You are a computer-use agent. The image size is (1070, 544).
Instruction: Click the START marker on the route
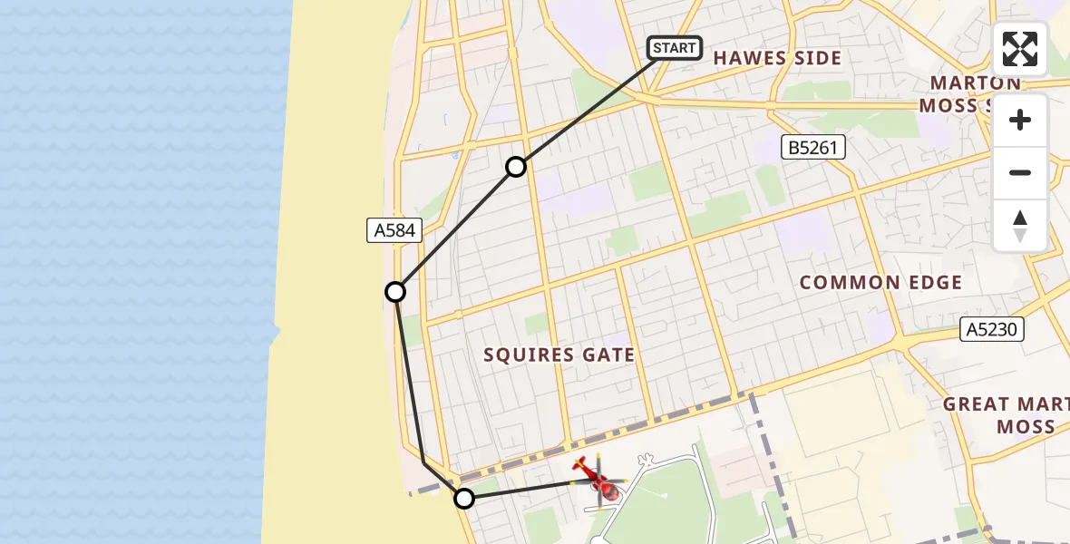pyautogui.click(x=675, y=48)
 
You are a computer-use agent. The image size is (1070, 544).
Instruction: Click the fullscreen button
pyautogui.click(x=1020, y=49)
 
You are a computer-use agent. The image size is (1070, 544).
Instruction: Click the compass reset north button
pyautogui.click(x=1020, y=226)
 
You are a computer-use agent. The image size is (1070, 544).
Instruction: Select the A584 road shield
pyautogui.click(x=394, y=230)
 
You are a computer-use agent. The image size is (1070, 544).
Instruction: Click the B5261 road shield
pyautogui.click(x=813, y=148)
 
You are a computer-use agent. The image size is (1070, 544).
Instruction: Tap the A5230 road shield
pyautogui.click(x=992, y=329)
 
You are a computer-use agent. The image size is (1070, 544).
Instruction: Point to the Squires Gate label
pyautogui.click(x=559, y=355)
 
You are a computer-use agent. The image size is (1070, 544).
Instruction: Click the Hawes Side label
pyautogui.click(x=777, y=59)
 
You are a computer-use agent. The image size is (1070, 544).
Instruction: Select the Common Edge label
pyautogui.click(x=880, y=283)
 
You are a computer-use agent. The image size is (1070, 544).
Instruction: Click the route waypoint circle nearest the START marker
pyautogui.click(x=515, y=167)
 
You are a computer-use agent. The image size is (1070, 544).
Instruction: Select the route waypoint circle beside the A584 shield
pyautogui.click(x=395, y=292)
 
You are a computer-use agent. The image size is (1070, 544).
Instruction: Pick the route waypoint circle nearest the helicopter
pyautogui.click(x=464, y=498)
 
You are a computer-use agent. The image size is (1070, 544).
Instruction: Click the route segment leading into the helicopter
pyautogui.click(x=521, y=491)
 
